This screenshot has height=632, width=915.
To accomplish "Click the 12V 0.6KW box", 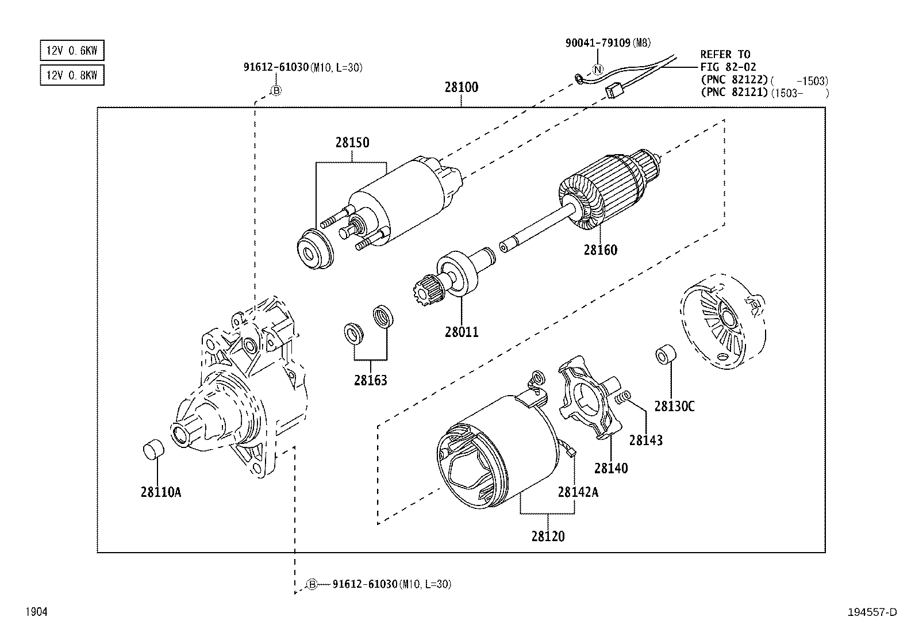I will click(72, 51).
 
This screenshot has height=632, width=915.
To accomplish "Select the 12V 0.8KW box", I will click(72, 75).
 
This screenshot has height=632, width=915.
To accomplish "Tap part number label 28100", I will click(461, 88).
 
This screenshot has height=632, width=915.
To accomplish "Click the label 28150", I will click(352, 143).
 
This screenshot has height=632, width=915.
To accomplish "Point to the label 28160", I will click(600, 250).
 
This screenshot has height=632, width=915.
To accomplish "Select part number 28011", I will click(461, 332).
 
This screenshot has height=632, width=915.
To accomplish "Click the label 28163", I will click(370, 380).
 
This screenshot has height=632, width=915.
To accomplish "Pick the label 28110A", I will click(160, 492).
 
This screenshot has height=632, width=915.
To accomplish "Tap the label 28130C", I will click(674, 406).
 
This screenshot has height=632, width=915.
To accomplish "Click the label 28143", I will click(645, 441).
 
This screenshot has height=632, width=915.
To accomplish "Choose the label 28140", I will click(611, 468).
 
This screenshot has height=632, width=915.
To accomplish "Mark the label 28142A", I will click(578, 492).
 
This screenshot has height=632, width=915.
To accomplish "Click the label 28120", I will click(548, 537).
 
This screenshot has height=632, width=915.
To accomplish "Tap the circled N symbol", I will click(598, 70).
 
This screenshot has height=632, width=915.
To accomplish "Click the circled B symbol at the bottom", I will click(312, 584).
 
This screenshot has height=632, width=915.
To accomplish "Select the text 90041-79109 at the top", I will click(598, 43).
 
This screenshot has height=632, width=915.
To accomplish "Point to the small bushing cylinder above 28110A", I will click(153, 449).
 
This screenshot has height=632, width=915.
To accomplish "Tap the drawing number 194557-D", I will click(872, 612).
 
